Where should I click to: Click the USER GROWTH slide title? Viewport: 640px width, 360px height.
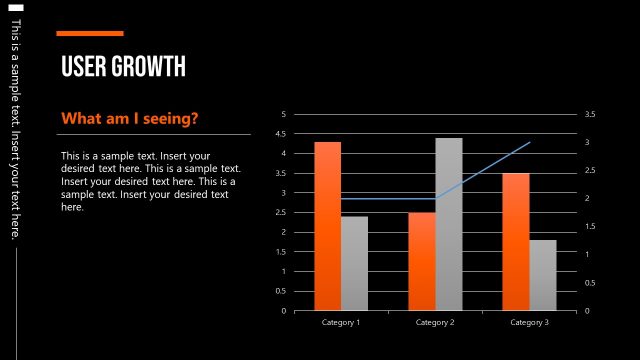point(123,67)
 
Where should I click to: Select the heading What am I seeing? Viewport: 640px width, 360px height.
point(130,119)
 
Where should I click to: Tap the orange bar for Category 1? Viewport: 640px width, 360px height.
point(327,226)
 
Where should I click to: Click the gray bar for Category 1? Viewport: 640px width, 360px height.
point(354,263)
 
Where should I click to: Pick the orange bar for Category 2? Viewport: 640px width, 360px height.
point(421,261)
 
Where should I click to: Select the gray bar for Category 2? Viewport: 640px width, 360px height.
point(448,224)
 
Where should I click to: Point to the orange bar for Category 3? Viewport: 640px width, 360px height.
point(515,241)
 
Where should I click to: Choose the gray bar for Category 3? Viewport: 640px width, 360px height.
point(542,275)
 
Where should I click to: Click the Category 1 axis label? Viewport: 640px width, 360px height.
point(341,322)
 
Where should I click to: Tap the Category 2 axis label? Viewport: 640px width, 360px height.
point(435,322)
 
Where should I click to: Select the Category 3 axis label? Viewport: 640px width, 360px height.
point(529,322)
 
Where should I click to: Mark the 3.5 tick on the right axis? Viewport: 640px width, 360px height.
point(589,115)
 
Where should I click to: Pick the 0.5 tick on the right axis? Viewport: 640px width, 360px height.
point(589,283)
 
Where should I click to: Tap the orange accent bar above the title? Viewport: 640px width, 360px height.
point(89,33)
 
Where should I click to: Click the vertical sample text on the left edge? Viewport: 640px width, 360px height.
point(14,130)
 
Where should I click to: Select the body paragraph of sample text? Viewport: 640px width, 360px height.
point(150,181)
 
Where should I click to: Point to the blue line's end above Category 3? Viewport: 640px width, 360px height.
point(529,143)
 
